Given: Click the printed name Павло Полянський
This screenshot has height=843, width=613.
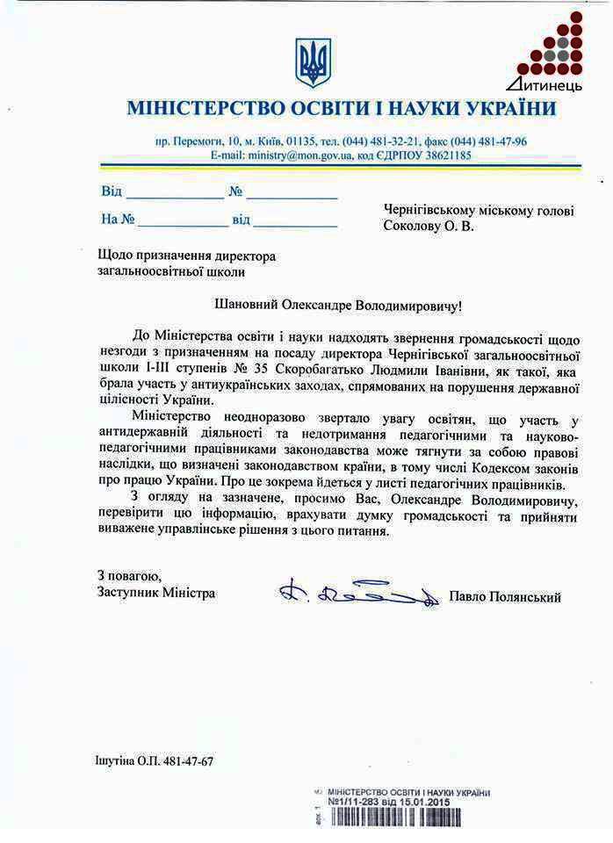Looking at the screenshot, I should [x=504, y=597].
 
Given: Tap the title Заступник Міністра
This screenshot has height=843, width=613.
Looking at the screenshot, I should [x=157, y=593].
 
